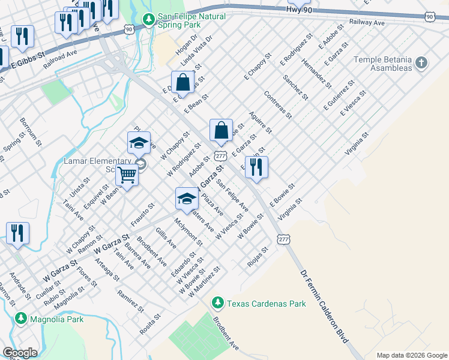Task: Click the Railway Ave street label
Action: [368, 22]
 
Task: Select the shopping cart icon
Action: [127, 175]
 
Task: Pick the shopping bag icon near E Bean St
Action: [182, 82]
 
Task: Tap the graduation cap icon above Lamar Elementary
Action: [139, 143]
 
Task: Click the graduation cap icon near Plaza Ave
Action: [187, 199]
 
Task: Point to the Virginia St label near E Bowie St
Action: [289, 209]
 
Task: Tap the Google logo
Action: [20, 353]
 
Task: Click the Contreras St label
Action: [278, 104]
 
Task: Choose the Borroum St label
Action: [31, 131]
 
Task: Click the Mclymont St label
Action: [188, 232]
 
